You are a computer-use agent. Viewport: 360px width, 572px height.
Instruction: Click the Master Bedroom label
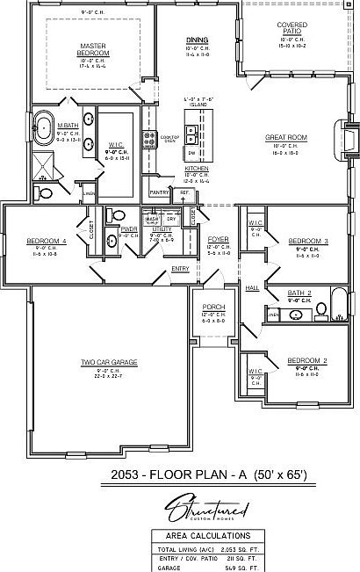click(92, 49)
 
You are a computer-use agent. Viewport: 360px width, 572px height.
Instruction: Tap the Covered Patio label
click(292, 28)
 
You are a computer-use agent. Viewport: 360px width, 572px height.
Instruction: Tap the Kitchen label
click(197, 167)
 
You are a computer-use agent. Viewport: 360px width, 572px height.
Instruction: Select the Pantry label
click(159, 192)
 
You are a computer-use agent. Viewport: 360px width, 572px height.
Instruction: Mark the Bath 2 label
click(300, 293)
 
